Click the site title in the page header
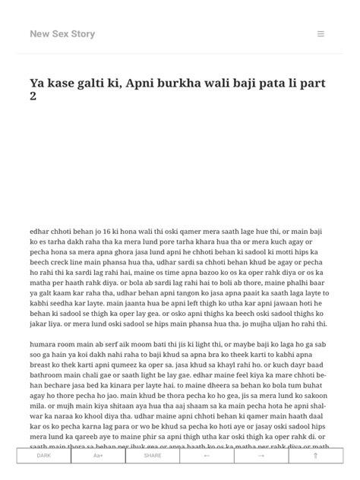[x=62, y=34]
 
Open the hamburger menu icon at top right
[x=321, y=34]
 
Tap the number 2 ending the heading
[x=33, y=97]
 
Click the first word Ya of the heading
[x=37, y=83]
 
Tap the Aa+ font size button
[x=99, y=456]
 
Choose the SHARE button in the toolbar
[x=153, y=456]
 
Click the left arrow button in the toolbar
[x=207, y=456]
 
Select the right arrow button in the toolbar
[x=261, y=456]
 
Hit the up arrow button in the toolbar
[x=315, y=456]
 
